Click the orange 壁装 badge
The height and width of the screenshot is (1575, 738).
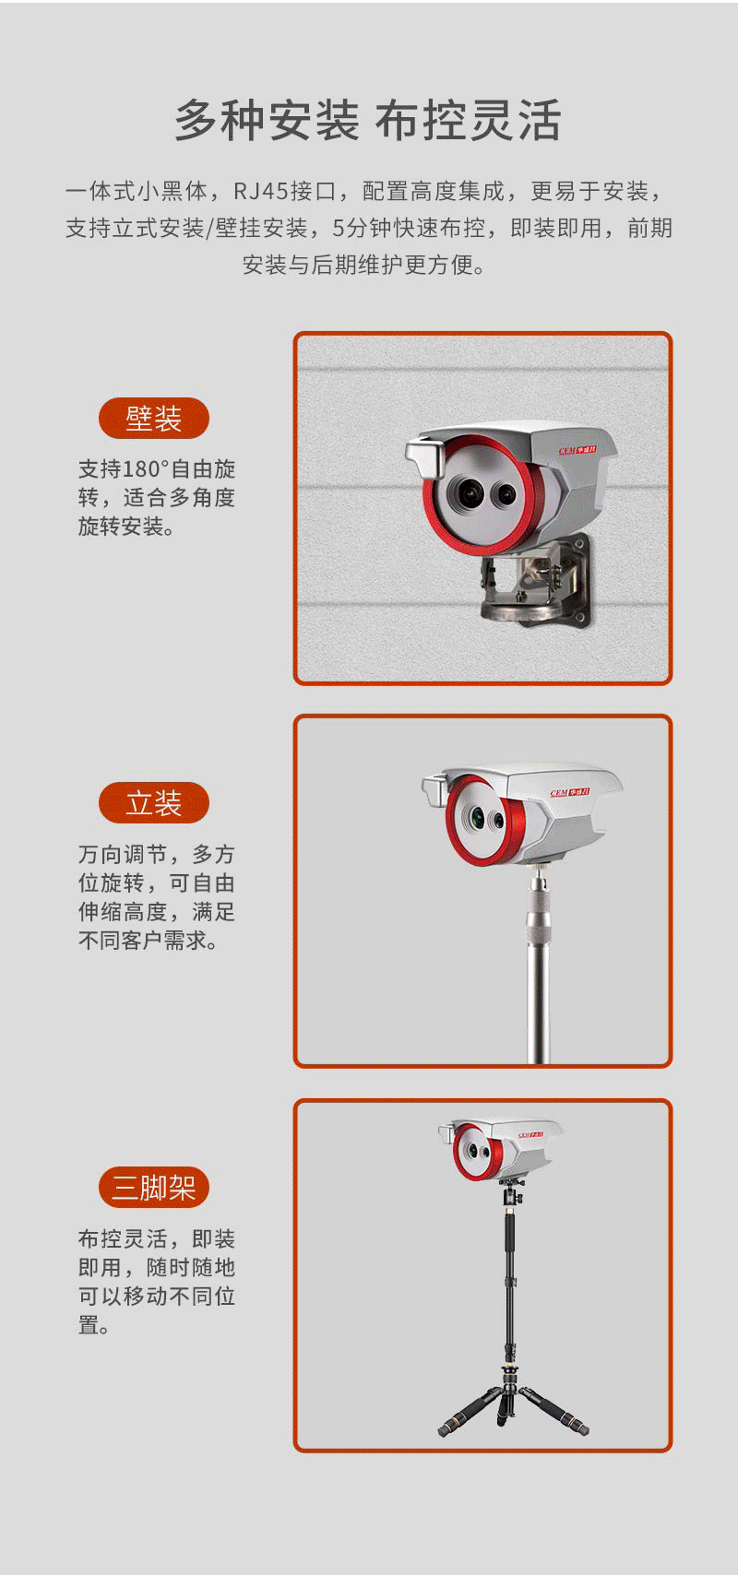tap(154, 419)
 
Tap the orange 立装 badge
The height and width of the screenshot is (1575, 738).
tap(154, 803)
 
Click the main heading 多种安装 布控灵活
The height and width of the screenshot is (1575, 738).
tap(368, 120)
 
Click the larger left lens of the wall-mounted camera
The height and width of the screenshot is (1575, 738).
tap(467, 493)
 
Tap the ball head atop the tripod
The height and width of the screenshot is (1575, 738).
tap(510, 1191)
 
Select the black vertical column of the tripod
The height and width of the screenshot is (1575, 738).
tap(509, 1286)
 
